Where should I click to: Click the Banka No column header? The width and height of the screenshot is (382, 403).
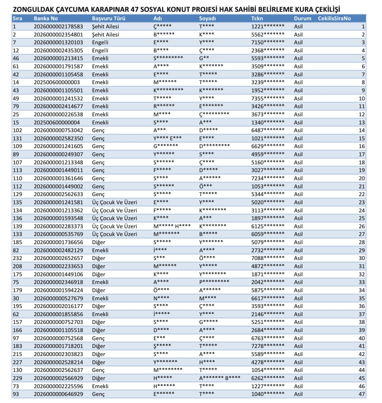[x=46, y=18]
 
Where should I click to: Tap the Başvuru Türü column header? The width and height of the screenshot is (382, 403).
[x=109, y=18]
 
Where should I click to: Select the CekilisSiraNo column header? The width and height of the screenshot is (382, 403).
[x=334, y=18]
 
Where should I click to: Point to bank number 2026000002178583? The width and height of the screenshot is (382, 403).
[x=58, y=26]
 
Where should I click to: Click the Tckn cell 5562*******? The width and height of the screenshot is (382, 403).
[x=268, y=35]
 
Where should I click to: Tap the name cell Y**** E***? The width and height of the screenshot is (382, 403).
[x=167, y=138]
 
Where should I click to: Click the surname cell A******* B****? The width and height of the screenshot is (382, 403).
[x=219, y=378]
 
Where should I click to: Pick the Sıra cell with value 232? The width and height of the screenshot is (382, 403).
[x=17, y=258]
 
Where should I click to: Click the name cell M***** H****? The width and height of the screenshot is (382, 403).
[x=172, y=226]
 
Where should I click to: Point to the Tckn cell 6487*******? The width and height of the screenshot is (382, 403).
[x=268, y=130]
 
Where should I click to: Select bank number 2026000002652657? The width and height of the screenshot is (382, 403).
[x=58, y=258]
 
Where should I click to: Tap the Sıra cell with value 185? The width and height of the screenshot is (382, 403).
[x=17, y=242]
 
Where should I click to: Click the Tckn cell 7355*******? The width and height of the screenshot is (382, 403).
[x=268, y=99]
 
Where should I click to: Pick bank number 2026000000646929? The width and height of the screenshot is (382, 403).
[x=58, y=394]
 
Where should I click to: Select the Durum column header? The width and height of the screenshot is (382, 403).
[x=302, y=18]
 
